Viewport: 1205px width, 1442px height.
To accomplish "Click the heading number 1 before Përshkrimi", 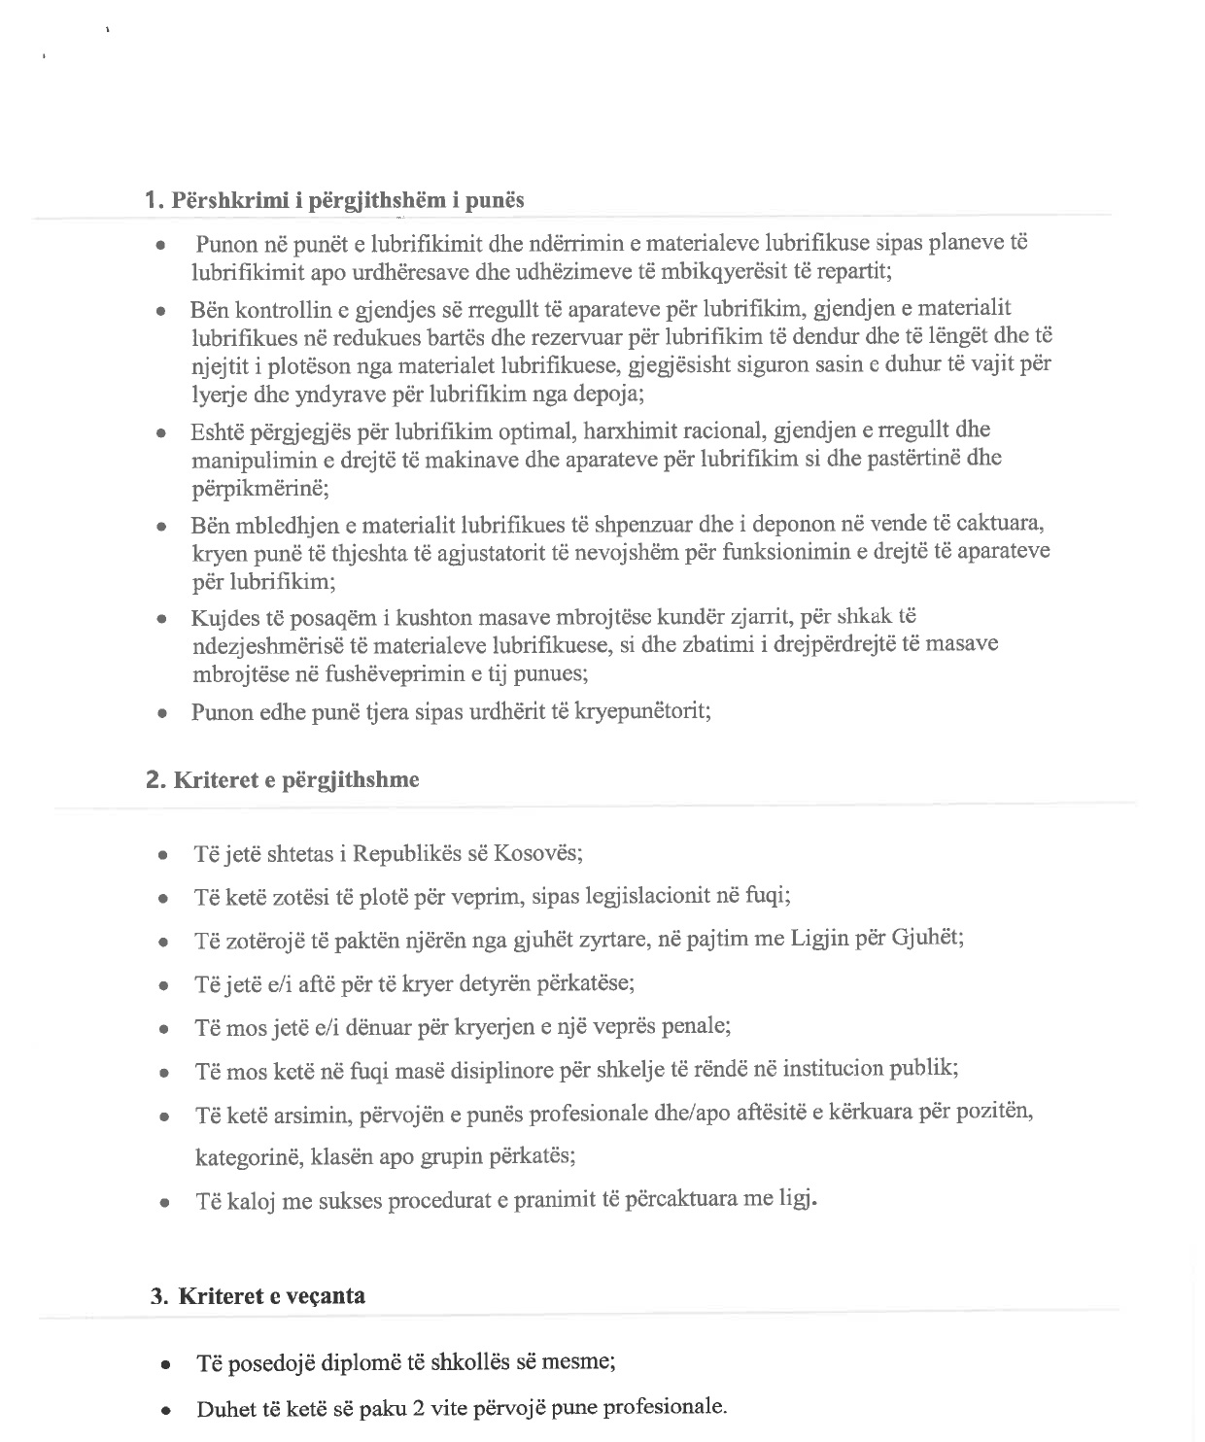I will point(151,200).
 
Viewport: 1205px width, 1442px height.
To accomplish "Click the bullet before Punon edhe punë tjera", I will point(164,713).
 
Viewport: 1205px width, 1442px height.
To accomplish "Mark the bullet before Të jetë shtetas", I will point(164,856).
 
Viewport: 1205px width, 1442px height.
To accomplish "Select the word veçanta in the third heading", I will point(326,1295).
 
